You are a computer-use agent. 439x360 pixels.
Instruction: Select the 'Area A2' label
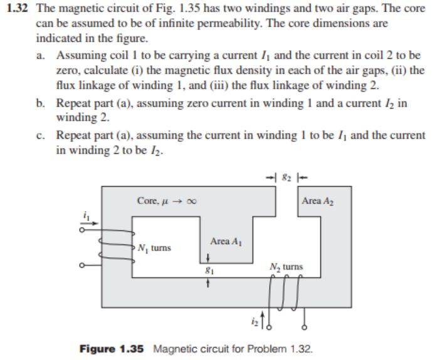point(319,201)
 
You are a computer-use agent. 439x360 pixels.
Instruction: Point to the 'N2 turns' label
point(285,267)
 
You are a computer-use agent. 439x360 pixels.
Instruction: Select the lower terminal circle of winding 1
point(82,265)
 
